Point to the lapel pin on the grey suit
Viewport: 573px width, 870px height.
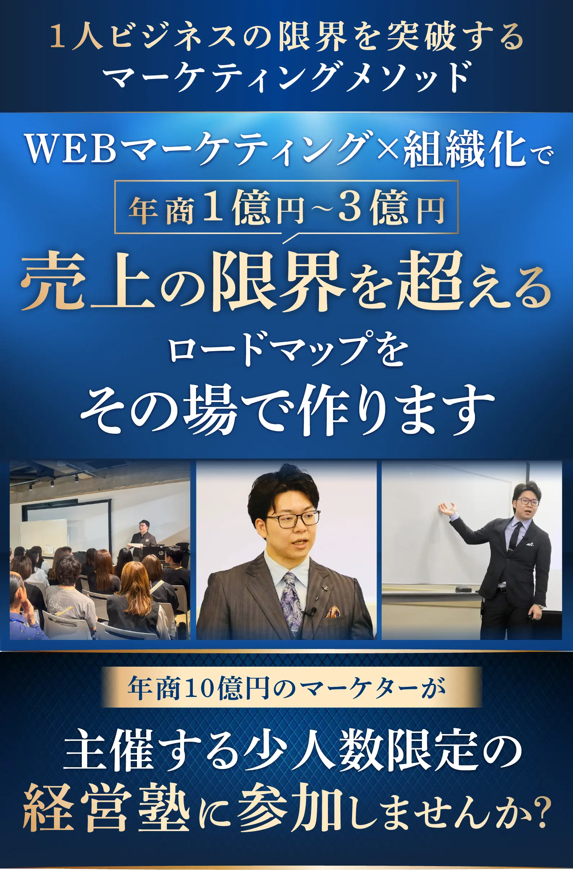(x=324, y=588)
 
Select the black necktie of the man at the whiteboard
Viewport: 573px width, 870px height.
(x=514, y=536)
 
